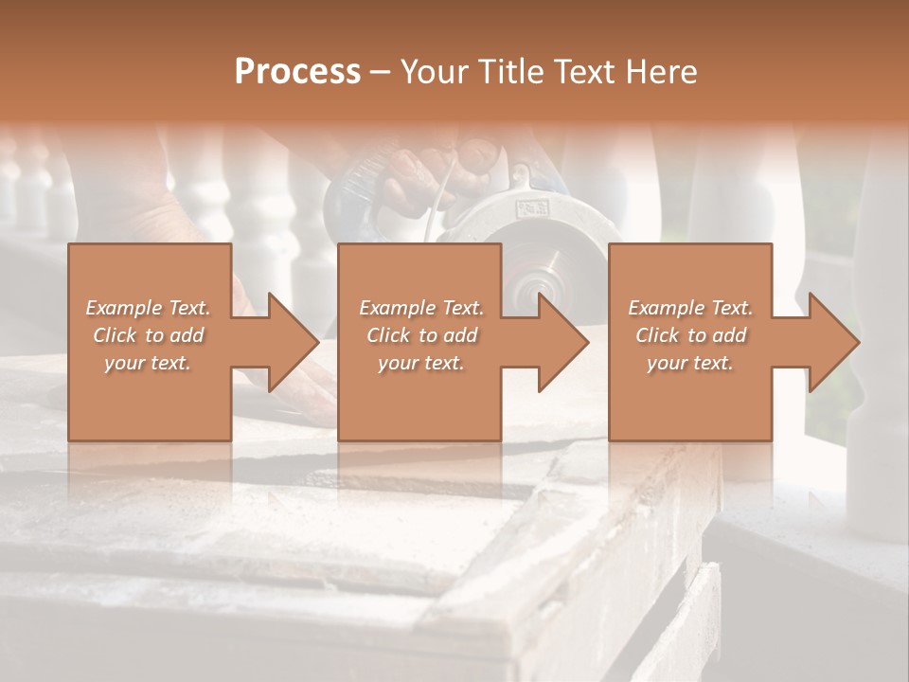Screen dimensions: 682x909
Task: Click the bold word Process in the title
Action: click(297, 72)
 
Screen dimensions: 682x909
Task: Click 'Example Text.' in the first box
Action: click(149, 308)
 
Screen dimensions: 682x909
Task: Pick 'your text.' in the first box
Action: click(149, 363)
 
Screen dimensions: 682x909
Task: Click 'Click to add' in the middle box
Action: click(421, 335)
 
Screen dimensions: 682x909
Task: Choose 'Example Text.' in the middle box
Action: click(421, 308)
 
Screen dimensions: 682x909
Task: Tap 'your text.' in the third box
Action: click(690, 363)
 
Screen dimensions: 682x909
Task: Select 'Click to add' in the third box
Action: click(690, 335)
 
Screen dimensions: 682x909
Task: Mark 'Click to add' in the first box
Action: click(149, 335)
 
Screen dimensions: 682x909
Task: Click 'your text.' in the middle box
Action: click(421, 363)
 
